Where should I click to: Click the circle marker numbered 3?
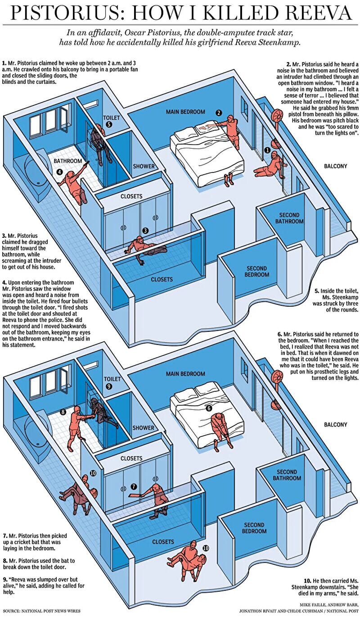145,231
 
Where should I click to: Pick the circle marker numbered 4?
59,172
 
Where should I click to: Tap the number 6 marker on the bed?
208,408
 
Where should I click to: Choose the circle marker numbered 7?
134,487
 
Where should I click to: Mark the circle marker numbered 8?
63,412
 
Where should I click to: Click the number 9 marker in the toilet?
108,386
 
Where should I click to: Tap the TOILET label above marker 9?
112,379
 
